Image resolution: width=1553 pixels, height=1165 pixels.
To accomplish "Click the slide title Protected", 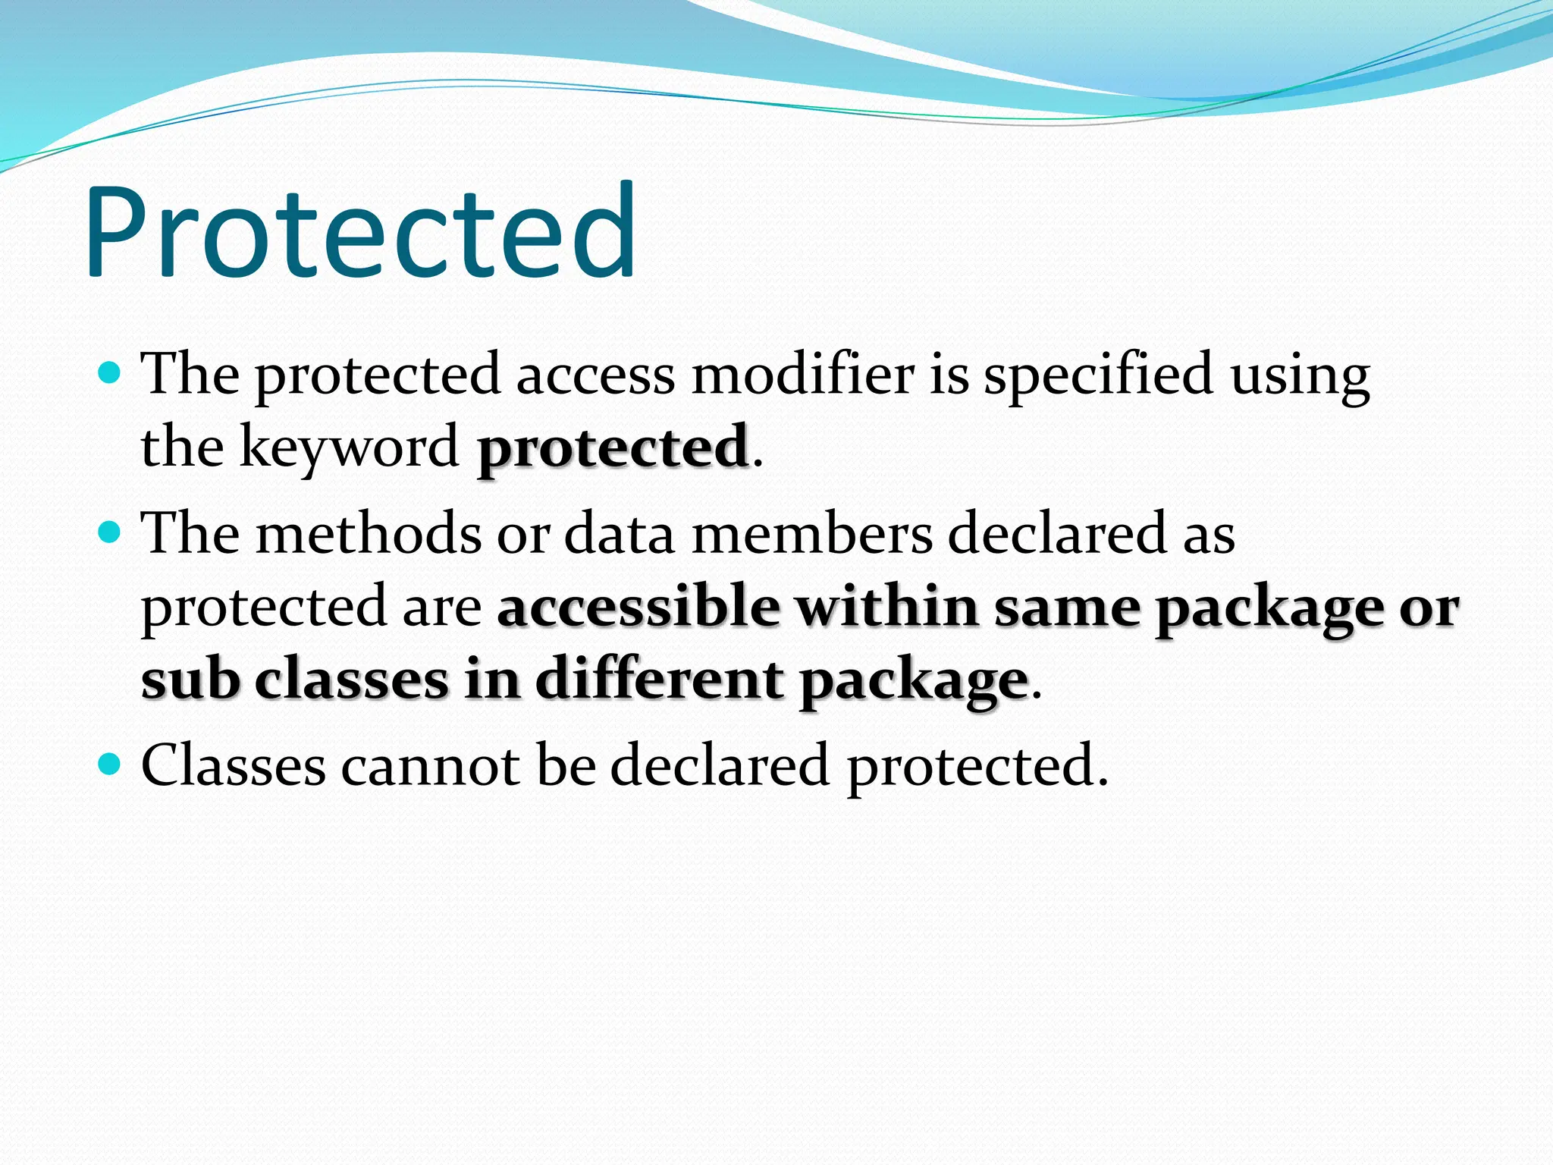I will click(361, 231).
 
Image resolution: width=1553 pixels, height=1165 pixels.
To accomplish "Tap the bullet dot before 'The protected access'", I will click(111, 372).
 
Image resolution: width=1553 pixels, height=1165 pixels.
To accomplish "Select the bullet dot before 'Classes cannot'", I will click(111, 764).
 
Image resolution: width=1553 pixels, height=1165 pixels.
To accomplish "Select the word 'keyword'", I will click(349, 447).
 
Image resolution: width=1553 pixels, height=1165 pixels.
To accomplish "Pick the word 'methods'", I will click(369, 533).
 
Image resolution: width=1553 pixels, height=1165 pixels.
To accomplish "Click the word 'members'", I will click(812, 533).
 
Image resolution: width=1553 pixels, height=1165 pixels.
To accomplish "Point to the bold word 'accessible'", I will click(638, 608).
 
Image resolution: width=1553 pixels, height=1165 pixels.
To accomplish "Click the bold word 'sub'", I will click(190, 680).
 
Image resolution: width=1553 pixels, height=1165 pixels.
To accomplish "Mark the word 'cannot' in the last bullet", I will click(430, 765).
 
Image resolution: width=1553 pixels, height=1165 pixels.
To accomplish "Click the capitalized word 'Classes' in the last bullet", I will click(234, 765).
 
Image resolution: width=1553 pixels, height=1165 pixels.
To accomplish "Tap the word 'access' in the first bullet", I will click(595, 375).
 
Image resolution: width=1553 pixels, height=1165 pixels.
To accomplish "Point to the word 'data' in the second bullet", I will click(620, 533).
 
